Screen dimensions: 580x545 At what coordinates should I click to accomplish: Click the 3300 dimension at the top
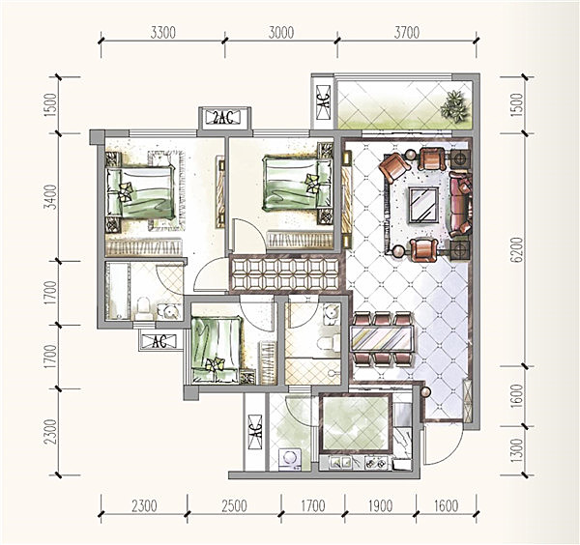pos(162,33)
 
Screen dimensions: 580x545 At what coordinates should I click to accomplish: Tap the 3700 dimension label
pos(407,33)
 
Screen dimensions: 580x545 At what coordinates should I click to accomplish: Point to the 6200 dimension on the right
pos(517,249)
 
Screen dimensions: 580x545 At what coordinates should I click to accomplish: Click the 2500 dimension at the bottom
pos(234,505)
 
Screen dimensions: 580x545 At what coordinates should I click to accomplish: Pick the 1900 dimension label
pos(380,505)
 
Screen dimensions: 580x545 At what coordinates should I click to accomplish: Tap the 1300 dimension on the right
pos(517,449)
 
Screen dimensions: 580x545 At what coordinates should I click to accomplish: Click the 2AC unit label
pos(224,118)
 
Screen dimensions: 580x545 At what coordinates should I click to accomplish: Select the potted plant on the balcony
pos(454,105)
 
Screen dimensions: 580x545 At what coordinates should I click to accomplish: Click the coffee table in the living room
pos(423,205)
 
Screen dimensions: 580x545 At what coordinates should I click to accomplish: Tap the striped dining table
pos(382,338)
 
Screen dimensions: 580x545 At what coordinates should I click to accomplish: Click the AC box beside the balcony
pos(324,101)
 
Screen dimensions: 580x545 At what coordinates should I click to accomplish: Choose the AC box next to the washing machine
pos(255,432)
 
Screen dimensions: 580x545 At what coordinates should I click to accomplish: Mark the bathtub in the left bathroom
pos(117,290)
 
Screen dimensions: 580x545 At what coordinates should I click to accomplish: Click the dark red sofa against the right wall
pos(461,204)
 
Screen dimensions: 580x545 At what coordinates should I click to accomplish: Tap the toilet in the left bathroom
pos(143,308)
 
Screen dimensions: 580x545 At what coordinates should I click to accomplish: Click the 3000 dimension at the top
pos(281,33)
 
